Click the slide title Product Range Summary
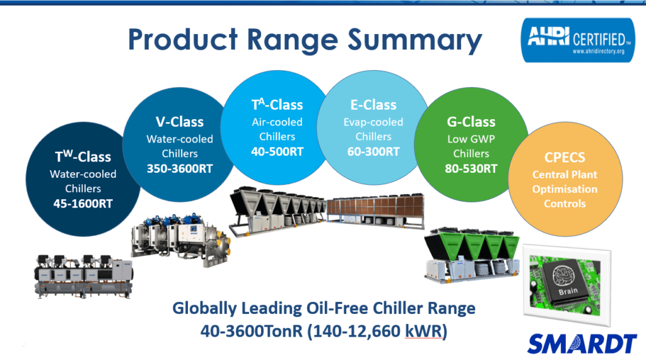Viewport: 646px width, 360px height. tap(305, 40)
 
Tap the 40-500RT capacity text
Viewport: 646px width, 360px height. tap(277, 151)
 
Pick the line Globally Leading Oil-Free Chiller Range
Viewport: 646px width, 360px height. tap(325, 309)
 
